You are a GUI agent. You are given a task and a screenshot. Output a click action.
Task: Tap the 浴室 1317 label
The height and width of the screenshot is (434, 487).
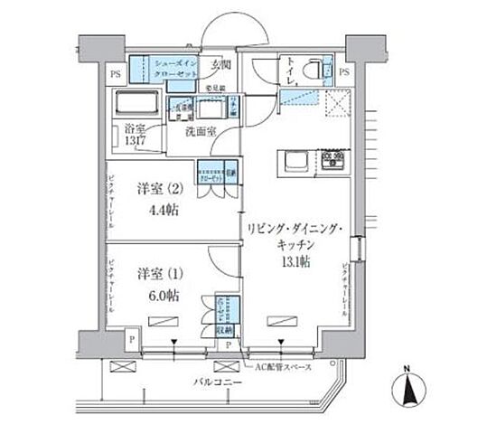point(136,135)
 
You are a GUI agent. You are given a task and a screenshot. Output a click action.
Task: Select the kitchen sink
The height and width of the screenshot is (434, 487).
point(295,162)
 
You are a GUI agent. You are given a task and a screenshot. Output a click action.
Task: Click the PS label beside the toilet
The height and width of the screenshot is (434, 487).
point(348,70)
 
